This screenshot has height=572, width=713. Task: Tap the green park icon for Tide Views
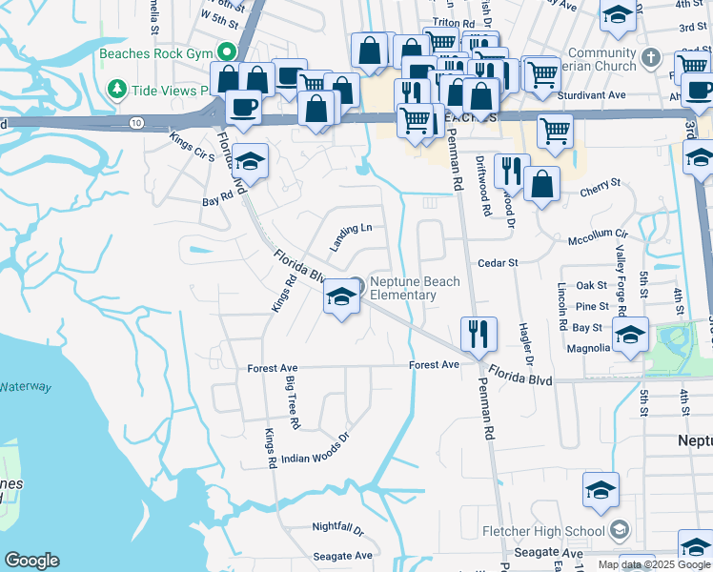pyautogui.click(x=117, y=90)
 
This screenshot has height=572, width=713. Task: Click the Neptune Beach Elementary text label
pyautogui.click(x=415, y=288)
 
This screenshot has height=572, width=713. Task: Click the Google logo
pyautogui.click(x=31, y=561)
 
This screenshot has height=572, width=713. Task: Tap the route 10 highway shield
pyautogui.click(x=137, y=123)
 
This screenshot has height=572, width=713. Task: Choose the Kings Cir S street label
pyautogui.click(x=192, y=150)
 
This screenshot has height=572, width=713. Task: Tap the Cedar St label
pyautogui.click(x=497, y=263)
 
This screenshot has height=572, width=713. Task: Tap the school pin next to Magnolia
pyautogui.click(x=631, y=334)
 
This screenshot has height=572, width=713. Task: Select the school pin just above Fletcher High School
pyautogui.click(x=601, y=490)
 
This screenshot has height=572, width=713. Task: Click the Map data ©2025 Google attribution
pyautogui.click(x=653, y=564)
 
